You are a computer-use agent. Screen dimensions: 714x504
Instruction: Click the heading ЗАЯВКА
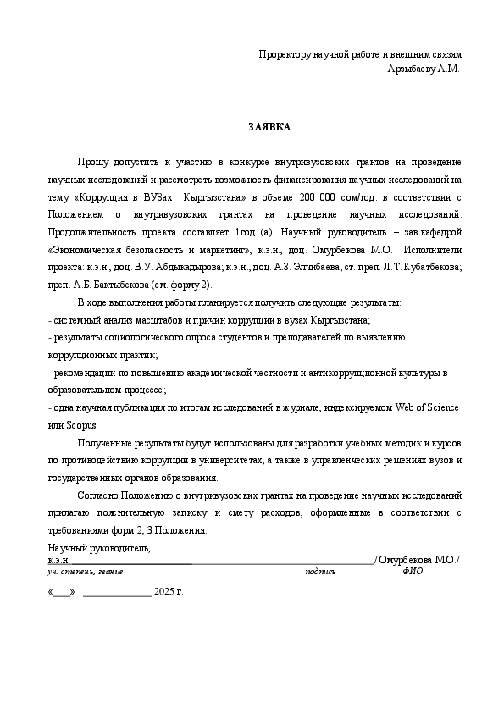269,127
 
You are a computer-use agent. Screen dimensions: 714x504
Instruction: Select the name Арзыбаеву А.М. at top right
424,69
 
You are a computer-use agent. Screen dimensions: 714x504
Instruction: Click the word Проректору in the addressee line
286,55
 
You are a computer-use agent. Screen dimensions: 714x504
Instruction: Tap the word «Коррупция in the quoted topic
102,196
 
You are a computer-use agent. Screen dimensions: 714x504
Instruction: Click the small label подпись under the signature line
320,571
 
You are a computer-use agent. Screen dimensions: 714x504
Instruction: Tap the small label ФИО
413,571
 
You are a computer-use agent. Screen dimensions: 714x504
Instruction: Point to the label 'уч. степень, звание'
86,571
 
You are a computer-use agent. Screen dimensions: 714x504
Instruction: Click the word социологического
151,337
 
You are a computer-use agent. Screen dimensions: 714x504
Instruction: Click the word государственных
85,477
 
